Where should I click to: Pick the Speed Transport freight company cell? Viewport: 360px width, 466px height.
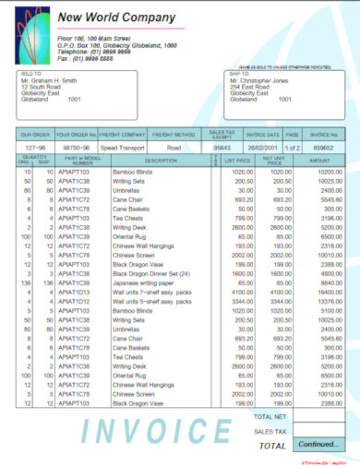pyautogui.click(x=121, y=147)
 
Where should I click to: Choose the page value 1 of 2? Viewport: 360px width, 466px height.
pyautogui.click(x=293, y=147)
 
